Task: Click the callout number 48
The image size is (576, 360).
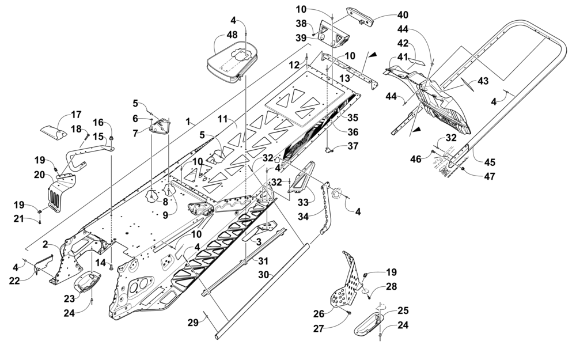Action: (232, 36)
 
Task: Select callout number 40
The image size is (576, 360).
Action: (402, 15)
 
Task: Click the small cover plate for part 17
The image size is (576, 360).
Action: (53, 131)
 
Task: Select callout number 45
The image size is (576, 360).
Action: (490, 162)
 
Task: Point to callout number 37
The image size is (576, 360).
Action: (353, 146)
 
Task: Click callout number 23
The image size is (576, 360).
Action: (69, 298)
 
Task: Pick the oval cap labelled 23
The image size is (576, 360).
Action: (88, 282)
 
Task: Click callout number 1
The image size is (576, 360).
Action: (188, 121)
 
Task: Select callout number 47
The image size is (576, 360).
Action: (489, 176)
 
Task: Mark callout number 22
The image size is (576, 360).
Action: (15, 281)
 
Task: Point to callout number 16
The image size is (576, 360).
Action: (98, 122)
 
